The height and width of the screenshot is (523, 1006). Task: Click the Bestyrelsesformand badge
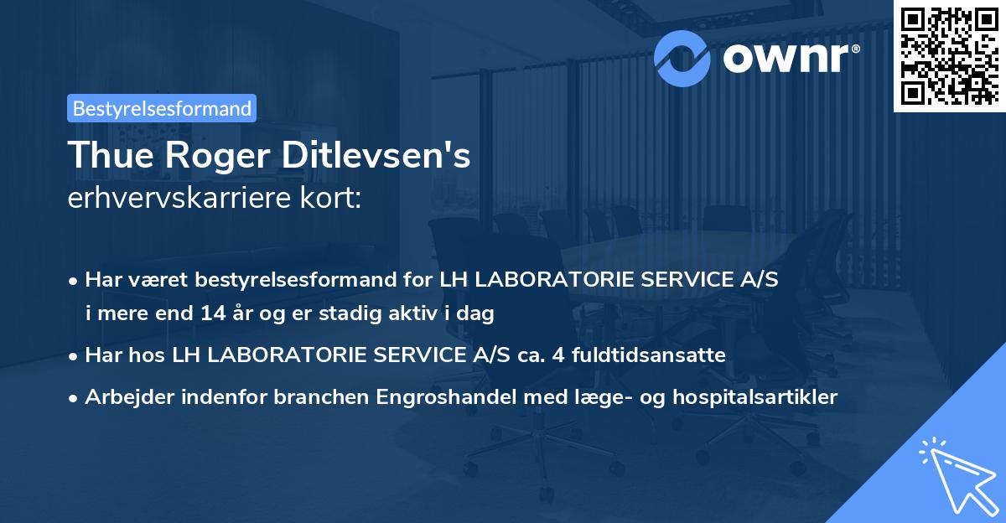162,108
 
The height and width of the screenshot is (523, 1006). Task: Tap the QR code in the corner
949,55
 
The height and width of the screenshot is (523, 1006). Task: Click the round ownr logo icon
682,56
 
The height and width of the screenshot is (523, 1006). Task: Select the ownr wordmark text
791,57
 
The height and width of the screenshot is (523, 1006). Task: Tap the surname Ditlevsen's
378,155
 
